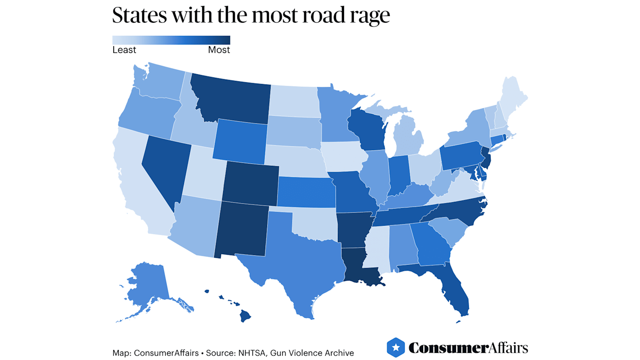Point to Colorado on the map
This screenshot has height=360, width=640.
click(x=250, y=183)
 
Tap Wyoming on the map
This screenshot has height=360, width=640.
click(x=240, y=140)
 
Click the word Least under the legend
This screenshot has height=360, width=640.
click(x=124, y=50)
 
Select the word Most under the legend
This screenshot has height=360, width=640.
click(x=219, y=50)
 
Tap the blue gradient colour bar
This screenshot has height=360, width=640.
click(x=171, y=40)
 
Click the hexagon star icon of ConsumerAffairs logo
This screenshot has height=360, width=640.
click(x=396, y=347)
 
